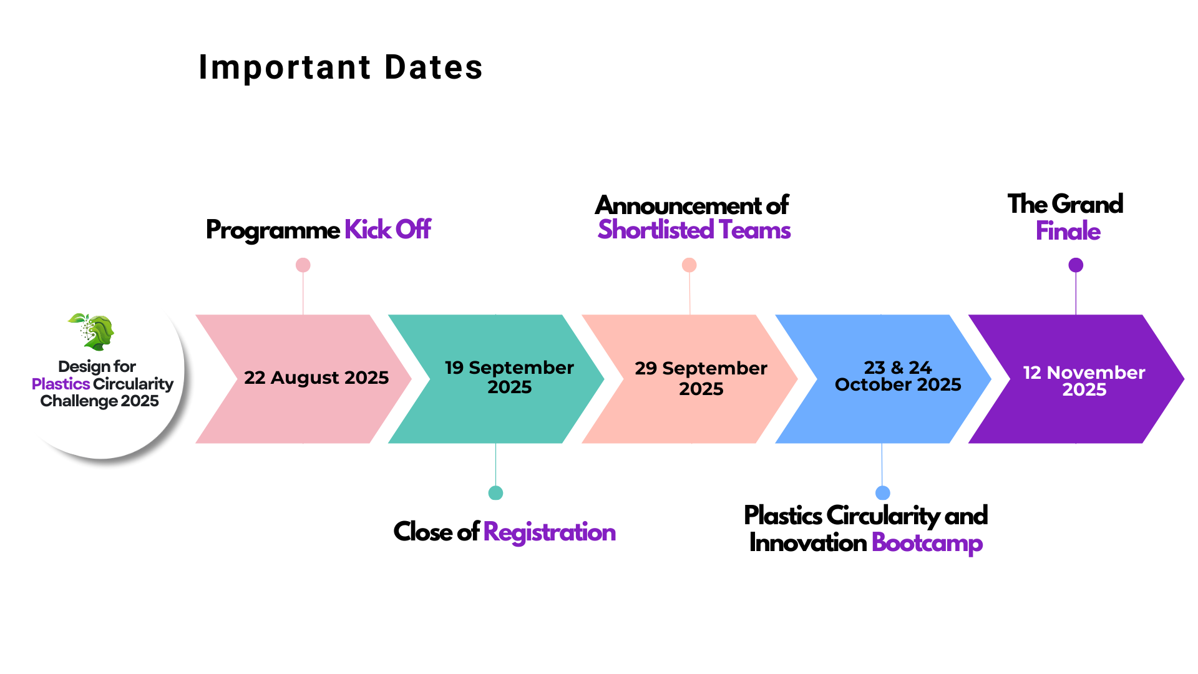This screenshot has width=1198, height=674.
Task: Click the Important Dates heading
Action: coord(341,67)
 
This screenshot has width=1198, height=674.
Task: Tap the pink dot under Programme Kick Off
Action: coord(303,265)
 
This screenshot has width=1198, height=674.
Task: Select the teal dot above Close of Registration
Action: coord(496,493)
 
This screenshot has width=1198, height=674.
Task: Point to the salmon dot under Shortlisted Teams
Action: coord(689,265)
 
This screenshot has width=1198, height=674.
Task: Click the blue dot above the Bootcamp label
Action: coord(883,493)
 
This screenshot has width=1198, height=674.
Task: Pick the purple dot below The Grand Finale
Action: coord(1076,265)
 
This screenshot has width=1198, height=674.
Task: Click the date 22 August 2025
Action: coord(316,378)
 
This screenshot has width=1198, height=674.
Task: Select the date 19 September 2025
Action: coord(509,377)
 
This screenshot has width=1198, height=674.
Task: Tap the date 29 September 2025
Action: coord(701,378)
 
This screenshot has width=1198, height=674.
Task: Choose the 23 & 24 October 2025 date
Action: coord(898,376)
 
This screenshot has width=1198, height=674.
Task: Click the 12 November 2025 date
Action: coord(1084,381)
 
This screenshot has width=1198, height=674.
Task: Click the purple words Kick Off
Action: coord(387,230)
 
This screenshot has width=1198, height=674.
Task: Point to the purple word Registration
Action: coord(550,532)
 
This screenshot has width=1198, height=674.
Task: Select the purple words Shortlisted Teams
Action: coord(694,230)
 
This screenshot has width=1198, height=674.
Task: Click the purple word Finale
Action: coord(1068,231)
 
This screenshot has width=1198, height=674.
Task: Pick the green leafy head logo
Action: coord(92,331)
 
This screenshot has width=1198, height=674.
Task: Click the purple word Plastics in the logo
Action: coord(61,384)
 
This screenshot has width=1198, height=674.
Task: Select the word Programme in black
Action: coord(273,230)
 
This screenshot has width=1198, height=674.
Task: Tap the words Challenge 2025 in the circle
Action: coord(100,401)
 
